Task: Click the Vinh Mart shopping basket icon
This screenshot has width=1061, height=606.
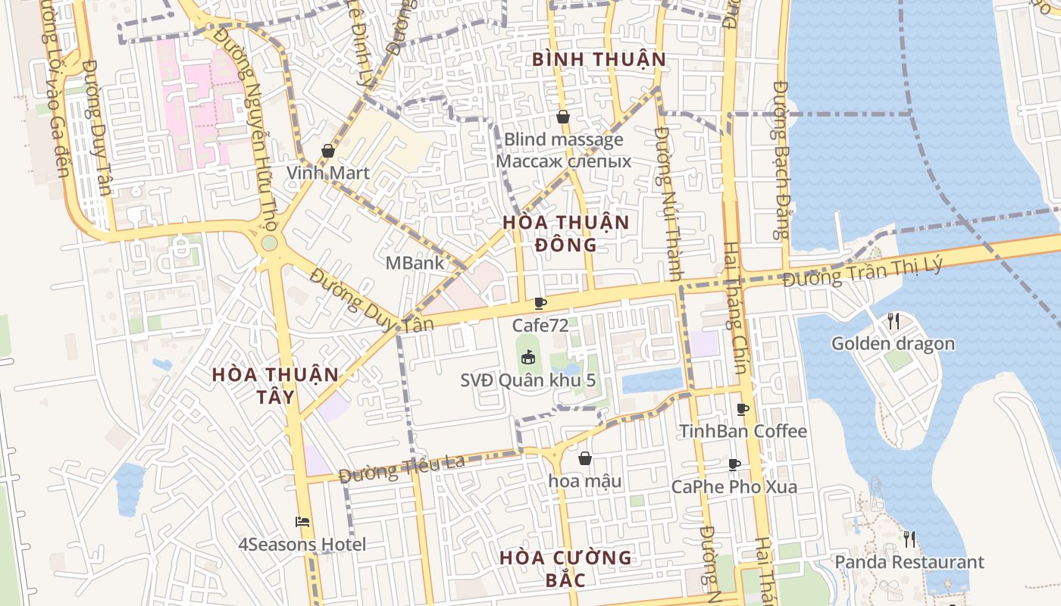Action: click(328, 151)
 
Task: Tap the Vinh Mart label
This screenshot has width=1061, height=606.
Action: click(328, 173)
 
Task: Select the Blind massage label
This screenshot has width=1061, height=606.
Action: click(564, 139)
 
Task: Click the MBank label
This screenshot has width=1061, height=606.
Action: click(415, 263)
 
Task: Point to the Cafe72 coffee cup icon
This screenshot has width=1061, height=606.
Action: click(540, 304)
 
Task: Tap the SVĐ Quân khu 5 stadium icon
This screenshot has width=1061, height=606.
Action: click(528, 356)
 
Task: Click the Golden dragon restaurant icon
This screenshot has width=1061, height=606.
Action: click(894, 321)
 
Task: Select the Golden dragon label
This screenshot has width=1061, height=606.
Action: click(893, 344)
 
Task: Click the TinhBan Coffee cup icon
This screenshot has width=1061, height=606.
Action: click(743, 410)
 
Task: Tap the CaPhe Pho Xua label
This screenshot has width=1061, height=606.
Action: click(734, 486)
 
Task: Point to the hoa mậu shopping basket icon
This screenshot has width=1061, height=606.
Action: click(585, 458)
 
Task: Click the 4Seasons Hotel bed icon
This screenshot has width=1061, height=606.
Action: click(302, 522)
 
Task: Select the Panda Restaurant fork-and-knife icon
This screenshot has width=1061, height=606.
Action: click(909, 539)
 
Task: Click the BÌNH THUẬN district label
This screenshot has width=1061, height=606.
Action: click(599, 59)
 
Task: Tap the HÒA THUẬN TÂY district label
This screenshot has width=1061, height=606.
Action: click(275, 385)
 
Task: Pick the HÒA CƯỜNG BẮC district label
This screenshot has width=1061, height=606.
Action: click(565, 568)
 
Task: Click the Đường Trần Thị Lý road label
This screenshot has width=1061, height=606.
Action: click(863, 270)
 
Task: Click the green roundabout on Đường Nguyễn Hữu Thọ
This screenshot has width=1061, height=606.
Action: click(268, 244)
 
